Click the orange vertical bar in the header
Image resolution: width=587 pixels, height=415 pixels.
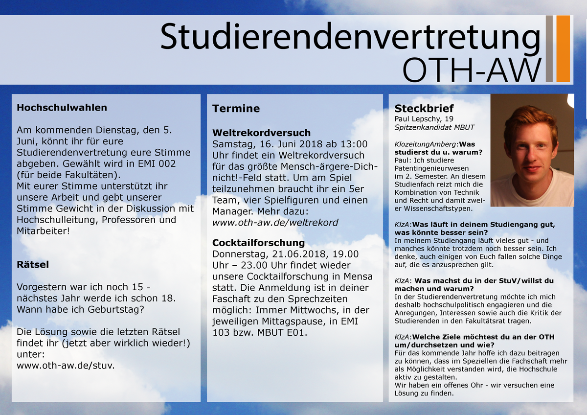point(563,48)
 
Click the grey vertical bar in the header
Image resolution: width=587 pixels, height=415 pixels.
point(549,48)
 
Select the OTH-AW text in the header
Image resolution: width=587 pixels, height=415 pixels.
point(472,70)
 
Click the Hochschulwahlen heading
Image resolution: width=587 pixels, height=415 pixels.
point(62,108)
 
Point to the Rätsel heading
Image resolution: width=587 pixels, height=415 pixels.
point(33,264)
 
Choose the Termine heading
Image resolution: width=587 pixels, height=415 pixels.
point(236,108)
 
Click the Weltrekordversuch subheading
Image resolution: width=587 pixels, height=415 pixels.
point(261,133)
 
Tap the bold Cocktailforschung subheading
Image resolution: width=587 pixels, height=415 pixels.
point(258,243)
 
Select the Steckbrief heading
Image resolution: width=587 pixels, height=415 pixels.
point(424,108)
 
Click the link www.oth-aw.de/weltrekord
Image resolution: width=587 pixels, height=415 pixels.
point(275,223)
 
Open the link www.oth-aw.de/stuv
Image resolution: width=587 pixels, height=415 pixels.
point(66,366)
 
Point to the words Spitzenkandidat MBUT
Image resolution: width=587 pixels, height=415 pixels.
point(434,127)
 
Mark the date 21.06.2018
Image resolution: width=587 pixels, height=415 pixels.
point(299,254)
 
